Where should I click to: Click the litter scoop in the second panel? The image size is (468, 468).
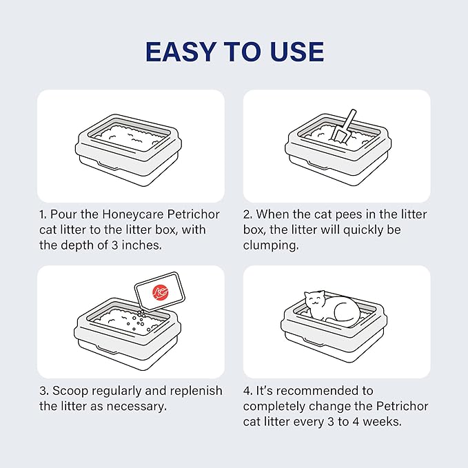344,127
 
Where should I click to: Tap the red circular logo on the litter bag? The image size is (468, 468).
161,292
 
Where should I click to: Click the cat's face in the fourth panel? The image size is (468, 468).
315,300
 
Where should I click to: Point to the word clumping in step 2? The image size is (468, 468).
271,245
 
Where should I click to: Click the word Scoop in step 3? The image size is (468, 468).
70,391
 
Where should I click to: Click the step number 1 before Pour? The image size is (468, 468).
43,214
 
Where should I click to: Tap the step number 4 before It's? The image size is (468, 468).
247,391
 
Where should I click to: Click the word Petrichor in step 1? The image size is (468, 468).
194,214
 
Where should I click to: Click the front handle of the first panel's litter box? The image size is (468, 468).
108,165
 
